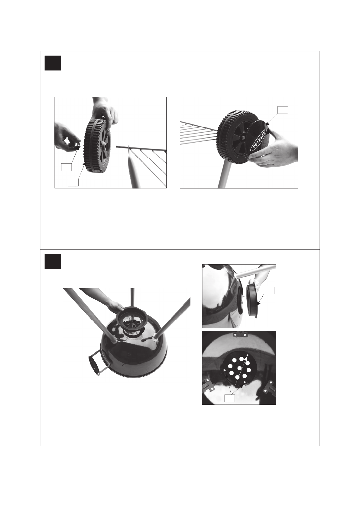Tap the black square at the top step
coord(53,63)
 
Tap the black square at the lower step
coord(53,262)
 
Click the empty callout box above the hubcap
coord(283,110)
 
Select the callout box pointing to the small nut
coord(66,167)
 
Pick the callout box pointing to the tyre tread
coord(73,182)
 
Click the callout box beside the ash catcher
coord(269,290)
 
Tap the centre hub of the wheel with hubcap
coord(243,137)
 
